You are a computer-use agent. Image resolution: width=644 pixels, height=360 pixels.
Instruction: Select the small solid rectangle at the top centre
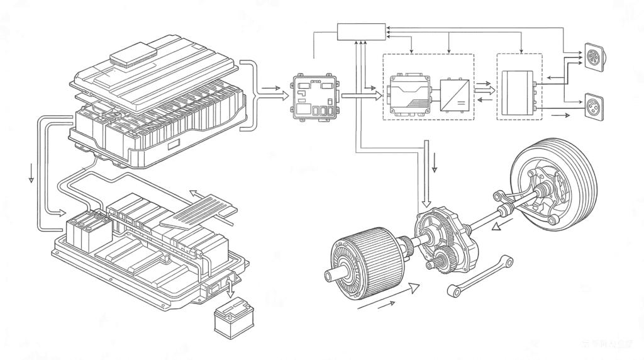pos(360,31)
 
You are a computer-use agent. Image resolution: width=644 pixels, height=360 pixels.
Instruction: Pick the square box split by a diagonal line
pos(453,94)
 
